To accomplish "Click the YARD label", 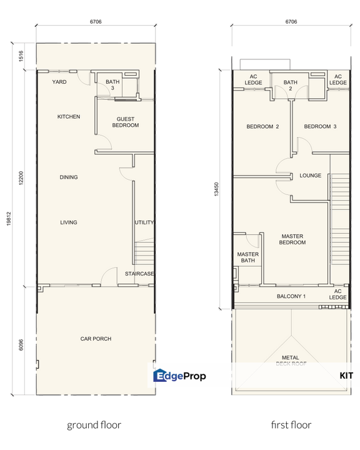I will pyautogui.click(x=59, y=82).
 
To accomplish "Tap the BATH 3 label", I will pyautogui.click(x=112, y=85).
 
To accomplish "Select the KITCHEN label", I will pyautogui.click(x=69, y=117).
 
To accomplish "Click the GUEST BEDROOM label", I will pyautogui.click(x=126, y=122).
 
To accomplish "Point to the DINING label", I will pyautogui.click(x=69, y=177).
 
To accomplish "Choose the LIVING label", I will pyautogui.click(x=69, y=222).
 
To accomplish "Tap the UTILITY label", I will pyautogui.click(x=144, y=222).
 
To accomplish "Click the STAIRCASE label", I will pyautogui.click(x=139, y=274).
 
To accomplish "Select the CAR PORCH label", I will pyautogui.click(x=96, y=339).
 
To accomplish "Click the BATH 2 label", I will pyautogui.click(x=291, y=86).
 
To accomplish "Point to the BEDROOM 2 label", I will pyautogui.click(x=262, y=127).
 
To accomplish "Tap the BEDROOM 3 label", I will pyautogui.click(x=320, y=127).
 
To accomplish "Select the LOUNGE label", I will pyautogui.click(x=310, y=176).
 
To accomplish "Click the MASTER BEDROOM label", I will pyautogui.click(x=292, y=239).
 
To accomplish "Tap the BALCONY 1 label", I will pyautogui.click(x=291, y=296).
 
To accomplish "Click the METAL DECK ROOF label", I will pyautogui.click(x=291, y=360).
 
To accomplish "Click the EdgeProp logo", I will pyautogui.click(x=179, y=376).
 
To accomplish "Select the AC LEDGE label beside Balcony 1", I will pyautogui.click(x=338, y=294).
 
